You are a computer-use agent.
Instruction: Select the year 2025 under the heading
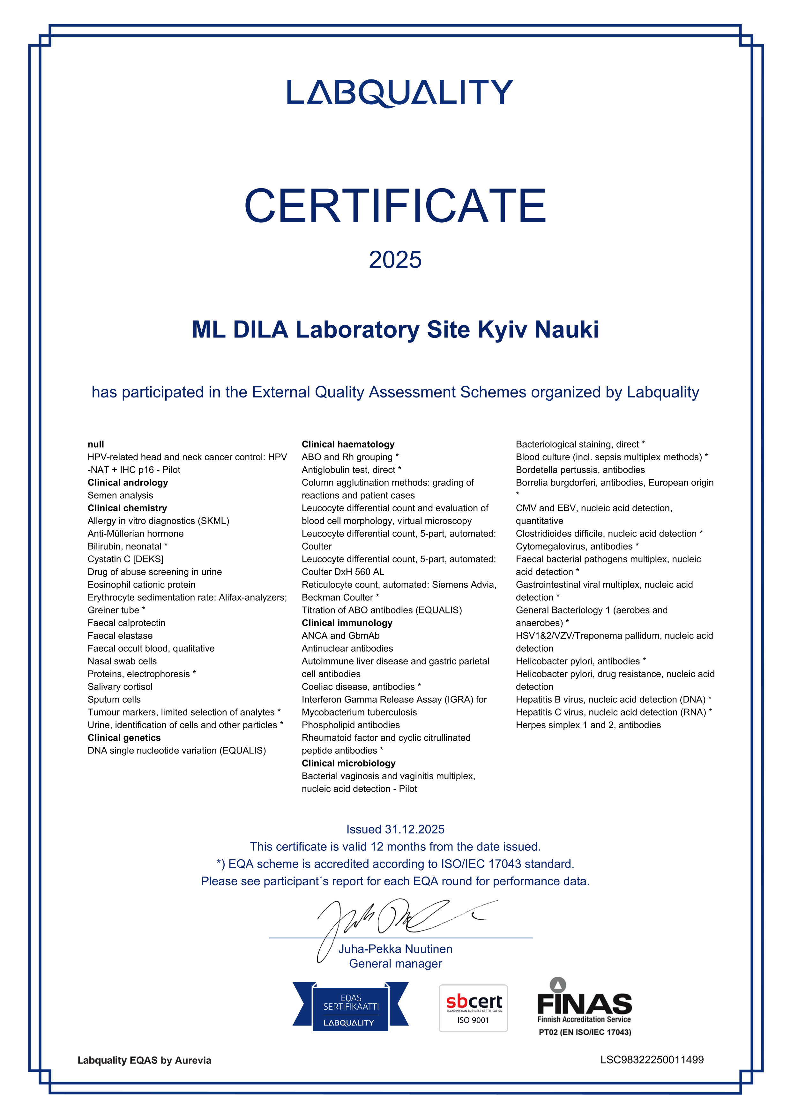(x=395, y=260)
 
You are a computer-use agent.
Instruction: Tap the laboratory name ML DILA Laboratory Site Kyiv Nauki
(x=395, y=330)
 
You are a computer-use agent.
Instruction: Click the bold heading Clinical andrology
(x=128, y=483)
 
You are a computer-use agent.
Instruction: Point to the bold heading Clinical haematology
(x=348, y=444)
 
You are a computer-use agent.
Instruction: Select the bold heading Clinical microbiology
(x=348, y=763)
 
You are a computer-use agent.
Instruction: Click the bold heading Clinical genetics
(x=124, y=738)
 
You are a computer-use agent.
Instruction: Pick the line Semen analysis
(x=120, y=495)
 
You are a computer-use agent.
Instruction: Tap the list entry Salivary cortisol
(x=120, y=687)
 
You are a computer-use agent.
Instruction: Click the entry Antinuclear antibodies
(x=347, y=648)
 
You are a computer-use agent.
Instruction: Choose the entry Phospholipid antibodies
(x=350, y=725)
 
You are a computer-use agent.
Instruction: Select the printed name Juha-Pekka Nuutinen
(x=395, y=949)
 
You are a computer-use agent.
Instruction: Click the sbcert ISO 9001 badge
(x=473, y=1008)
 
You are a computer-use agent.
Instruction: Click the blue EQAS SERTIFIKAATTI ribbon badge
(x=350, y=1006)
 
